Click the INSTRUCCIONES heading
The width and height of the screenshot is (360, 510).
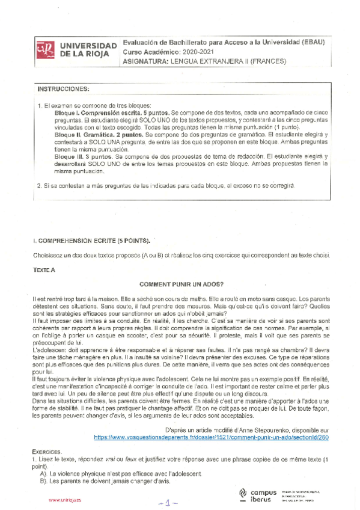pos(63,89)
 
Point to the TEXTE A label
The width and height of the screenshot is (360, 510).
pos(44,270)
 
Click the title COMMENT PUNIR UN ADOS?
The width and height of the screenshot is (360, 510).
pos(182,284)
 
